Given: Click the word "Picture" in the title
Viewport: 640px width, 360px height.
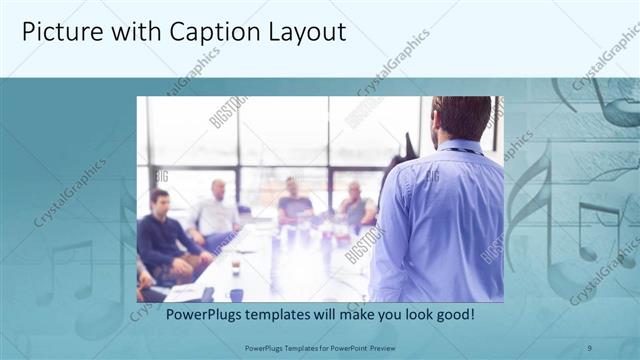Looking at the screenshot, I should pyautogui.click(x=57, y=32).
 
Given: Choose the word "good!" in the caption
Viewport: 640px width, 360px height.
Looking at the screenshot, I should pyautogui.click(x=452, y=315).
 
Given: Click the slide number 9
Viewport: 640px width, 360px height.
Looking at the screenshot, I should pyautogui.click(x=589, y=347).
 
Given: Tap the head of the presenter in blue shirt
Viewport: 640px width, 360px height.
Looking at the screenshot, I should pyautogui.click(x=462, y=118).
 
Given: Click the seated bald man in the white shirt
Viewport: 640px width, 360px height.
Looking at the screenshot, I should pyautogui.click(x=216, y=210).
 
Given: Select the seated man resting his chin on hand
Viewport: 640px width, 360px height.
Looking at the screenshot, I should pyautogui.click(x=355, y=205).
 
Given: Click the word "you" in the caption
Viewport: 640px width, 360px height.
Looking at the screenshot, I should pyautogui.click(x=381, y=315).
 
